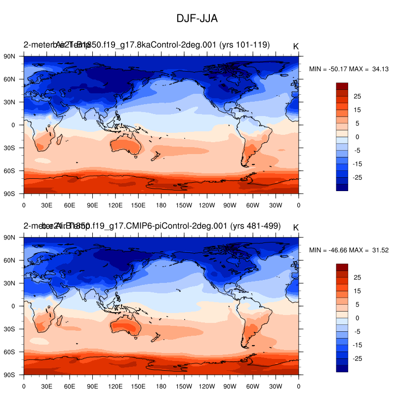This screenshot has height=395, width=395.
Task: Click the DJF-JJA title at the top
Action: pos(197,18)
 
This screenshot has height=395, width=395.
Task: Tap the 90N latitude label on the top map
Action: pos(10,56)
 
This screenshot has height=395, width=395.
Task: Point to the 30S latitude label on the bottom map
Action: pos(10,329)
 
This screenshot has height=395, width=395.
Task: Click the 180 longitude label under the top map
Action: pos(161,204)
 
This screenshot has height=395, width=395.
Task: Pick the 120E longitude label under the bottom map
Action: pos(115,386)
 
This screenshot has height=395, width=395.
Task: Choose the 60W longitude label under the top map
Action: pos(252,204)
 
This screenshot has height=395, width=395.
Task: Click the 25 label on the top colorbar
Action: pos(357,96)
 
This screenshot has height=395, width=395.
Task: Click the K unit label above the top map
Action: pos(296,46)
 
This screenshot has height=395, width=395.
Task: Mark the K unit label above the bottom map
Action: pos(296,228)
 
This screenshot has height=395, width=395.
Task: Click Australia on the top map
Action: pos(125,145)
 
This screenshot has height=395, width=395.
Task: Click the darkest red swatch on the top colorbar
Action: pos(342,86)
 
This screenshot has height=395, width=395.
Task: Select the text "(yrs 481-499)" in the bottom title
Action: pos(255,226)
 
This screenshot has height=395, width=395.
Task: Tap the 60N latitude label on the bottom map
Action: pos(10,260)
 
